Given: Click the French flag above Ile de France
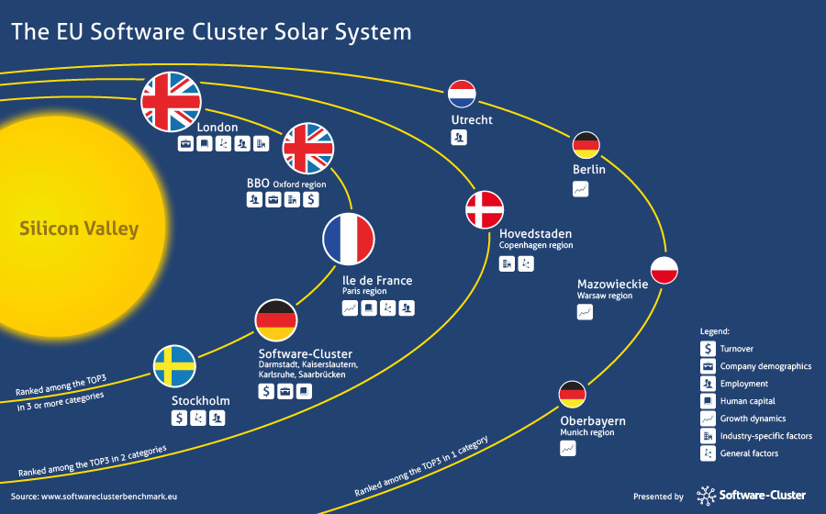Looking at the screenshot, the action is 349,239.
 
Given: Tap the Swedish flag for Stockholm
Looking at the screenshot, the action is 174,366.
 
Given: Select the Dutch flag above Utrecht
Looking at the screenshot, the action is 462,94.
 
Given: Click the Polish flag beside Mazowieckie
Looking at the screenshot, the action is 664,271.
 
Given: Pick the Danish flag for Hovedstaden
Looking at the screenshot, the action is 485,209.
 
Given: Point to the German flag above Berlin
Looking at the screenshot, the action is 586,145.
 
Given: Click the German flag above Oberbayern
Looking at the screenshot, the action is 572,395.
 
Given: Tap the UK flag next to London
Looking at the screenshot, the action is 172,102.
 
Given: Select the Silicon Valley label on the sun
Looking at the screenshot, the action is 79,229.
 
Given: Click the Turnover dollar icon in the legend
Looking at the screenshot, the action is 708,349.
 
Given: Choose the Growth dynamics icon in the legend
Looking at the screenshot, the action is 708,419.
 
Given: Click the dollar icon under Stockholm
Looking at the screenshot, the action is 179,419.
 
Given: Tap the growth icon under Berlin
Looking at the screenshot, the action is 581,189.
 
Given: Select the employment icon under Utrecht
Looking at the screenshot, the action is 459,138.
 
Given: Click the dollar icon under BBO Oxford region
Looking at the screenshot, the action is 311,199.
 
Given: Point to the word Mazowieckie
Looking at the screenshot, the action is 613,284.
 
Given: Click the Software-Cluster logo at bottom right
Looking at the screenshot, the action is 751,496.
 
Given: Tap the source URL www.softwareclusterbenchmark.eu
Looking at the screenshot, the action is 109,496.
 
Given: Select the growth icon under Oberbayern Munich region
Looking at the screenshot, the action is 568,448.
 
